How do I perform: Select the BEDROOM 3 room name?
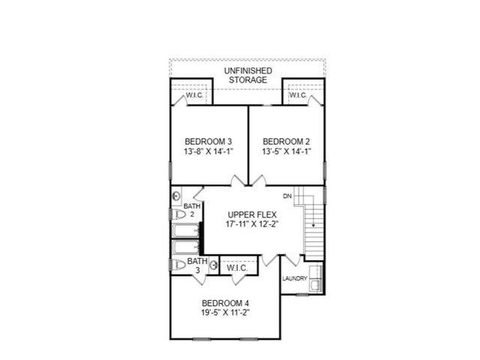[208, 141]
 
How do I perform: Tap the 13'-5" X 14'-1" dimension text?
[286, 151]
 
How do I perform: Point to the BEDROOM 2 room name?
[286, 141]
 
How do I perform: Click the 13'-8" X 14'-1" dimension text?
[208, 151]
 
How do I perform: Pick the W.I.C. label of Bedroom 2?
[298, 96]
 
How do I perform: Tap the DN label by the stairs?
[286, 196]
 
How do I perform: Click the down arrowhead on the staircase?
[310, 224]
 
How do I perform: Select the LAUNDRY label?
[295, 279]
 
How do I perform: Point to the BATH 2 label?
[192, 209]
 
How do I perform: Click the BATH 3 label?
[196, 265]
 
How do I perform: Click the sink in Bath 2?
[176, 197]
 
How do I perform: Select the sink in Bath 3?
[214, 265]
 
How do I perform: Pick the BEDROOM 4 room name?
[225, 303]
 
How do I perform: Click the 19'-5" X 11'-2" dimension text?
[225, 313]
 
